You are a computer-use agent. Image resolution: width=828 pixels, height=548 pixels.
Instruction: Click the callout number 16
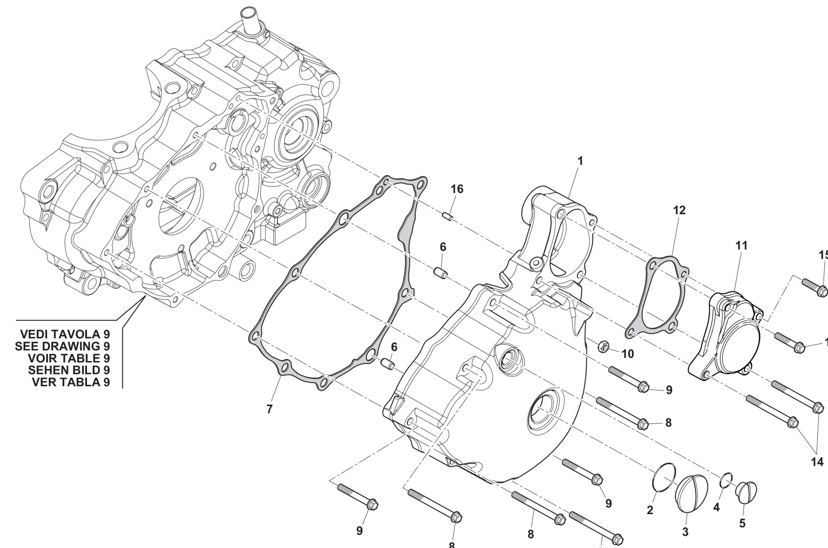coord(457,189)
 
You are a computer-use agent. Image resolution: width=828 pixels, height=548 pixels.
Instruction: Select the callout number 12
coord(679,210)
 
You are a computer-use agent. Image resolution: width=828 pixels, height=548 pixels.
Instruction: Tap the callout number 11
coord(741,245)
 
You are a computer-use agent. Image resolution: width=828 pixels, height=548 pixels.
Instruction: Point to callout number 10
coord(628,354)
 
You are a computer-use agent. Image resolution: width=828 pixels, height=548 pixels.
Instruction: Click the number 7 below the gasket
coord(270,409)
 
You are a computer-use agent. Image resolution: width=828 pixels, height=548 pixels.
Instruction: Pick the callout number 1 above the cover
coord(580,161)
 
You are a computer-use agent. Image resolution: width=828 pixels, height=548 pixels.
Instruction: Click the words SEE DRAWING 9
coord(62,346)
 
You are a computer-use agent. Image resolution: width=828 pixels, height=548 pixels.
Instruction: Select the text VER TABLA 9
coord(71,382)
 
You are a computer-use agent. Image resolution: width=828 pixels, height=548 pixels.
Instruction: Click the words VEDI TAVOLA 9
coord(65,334)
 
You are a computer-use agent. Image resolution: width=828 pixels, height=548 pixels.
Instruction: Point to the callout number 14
coord(817,462)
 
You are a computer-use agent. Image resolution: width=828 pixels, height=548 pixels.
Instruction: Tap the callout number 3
coord(685,532)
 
